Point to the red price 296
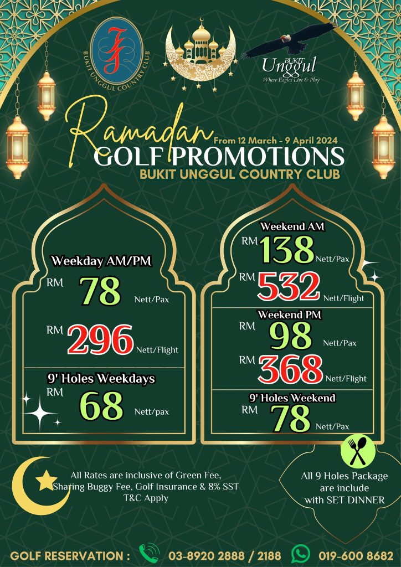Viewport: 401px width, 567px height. tap(101, 339)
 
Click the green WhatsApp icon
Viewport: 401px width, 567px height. tap(301, 554)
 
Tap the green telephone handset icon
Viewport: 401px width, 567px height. tap(149, 554)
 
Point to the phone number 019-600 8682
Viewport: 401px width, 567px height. tap(356, 555)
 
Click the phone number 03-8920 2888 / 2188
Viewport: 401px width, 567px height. tap(224, 555)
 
